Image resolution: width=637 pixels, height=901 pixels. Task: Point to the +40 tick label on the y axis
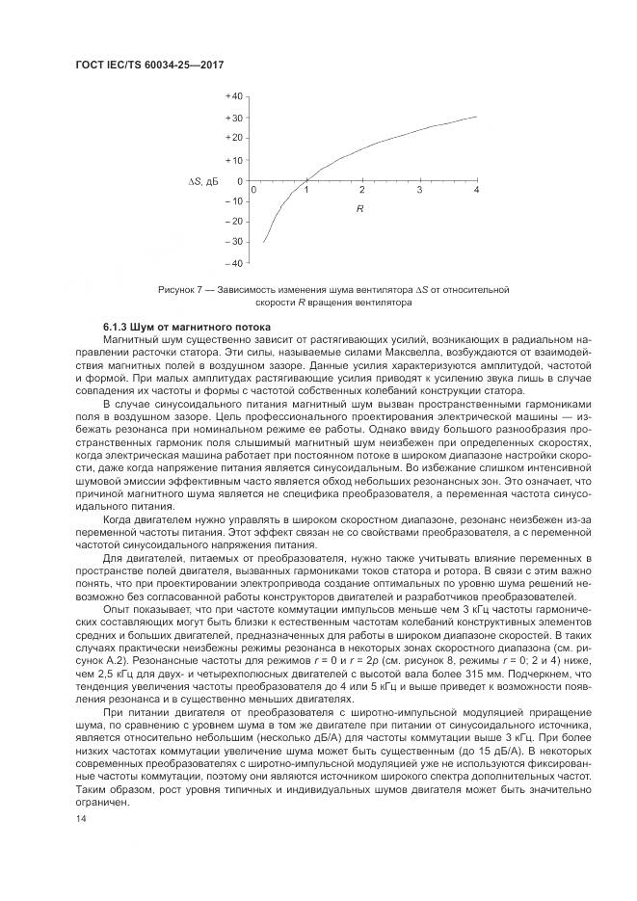pos(232,97)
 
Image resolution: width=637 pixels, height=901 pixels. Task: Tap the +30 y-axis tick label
pos(232,118)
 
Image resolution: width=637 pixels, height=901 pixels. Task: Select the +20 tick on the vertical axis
pos(232,139)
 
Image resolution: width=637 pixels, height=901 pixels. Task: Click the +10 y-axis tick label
pos(232,159)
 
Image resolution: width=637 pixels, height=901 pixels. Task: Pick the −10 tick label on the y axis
pos(232,200)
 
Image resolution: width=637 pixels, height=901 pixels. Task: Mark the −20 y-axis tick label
pos(232,222)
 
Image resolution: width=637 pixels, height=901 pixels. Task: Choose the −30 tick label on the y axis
pos(232,242)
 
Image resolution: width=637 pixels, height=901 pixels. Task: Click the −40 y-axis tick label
pos(232,263)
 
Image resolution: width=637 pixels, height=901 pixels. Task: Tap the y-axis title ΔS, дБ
pos(202,180)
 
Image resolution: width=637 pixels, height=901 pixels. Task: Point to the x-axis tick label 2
pos(362,190)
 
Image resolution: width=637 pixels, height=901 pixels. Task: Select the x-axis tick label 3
pos(419,190)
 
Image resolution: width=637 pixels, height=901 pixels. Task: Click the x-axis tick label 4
pos(476,190)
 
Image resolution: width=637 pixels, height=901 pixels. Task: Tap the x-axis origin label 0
pos(252,190)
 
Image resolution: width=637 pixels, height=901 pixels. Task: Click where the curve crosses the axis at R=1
pos(306,180)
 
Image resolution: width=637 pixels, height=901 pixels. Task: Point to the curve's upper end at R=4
pos(476,117)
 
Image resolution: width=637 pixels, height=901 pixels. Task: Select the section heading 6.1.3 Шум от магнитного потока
pos(173,330)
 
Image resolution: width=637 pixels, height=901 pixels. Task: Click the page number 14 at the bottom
pos(80,817)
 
